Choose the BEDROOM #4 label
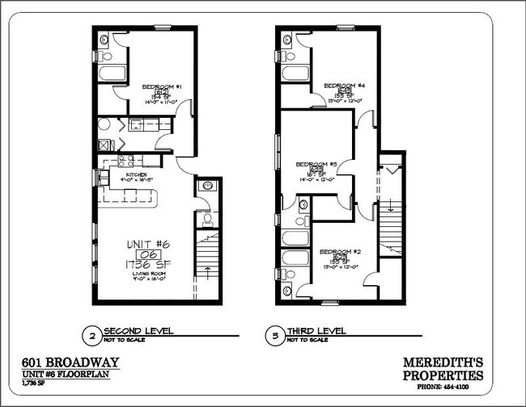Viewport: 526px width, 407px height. pos(339,85)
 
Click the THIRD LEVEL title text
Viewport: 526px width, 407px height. pos(319,330)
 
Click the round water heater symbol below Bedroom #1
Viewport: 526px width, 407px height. pos(104,125)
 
